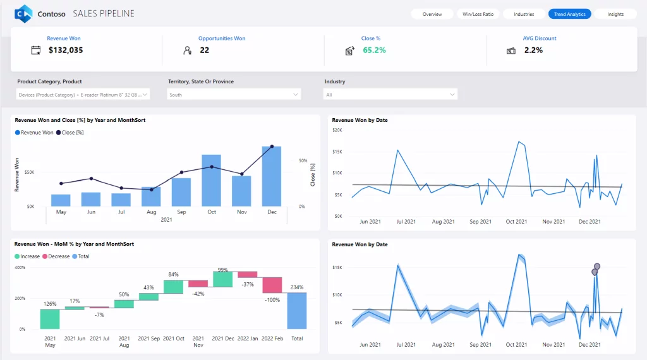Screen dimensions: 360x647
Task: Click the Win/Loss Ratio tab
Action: point(478,14)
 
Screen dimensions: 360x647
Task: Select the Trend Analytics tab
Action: point(569,14)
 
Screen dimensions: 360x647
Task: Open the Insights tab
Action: point(615,14)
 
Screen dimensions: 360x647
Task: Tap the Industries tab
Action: point(524,14)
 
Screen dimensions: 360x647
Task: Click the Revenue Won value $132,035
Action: point(66,50)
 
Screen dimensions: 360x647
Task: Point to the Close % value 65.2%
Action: point(374,50)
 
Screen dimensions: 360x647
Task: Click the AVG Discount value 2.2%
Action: point(533,50)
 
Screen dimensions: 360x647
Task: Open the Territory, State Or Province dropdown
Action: point(234,95)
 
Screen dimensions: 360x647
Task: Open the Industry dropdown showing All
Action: point(390,95)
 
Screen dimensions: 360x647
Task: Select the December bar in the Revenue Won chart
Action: point(272,176)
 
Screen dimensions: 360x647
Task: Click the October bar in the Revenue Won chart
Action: point(211,180)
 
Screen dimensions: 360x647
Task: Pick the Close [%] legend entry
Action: point(70,133)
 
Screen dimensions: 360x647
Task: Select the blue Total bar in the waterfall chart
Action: point(297,310)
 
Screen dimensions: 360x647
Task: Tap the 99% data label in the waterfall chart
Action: point(222,270)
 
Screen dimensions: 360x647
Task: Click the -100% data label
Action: point(272,299)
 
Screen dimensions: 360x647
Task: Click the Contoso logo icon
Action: point(24,13)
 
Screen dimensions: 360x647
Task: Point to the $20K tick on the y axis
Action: point(337,130)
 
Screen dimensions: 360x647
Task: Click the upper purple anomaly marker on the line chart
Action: point(597,267)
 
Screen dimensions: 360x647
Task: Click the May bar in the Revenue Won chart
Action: point(61,200)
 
